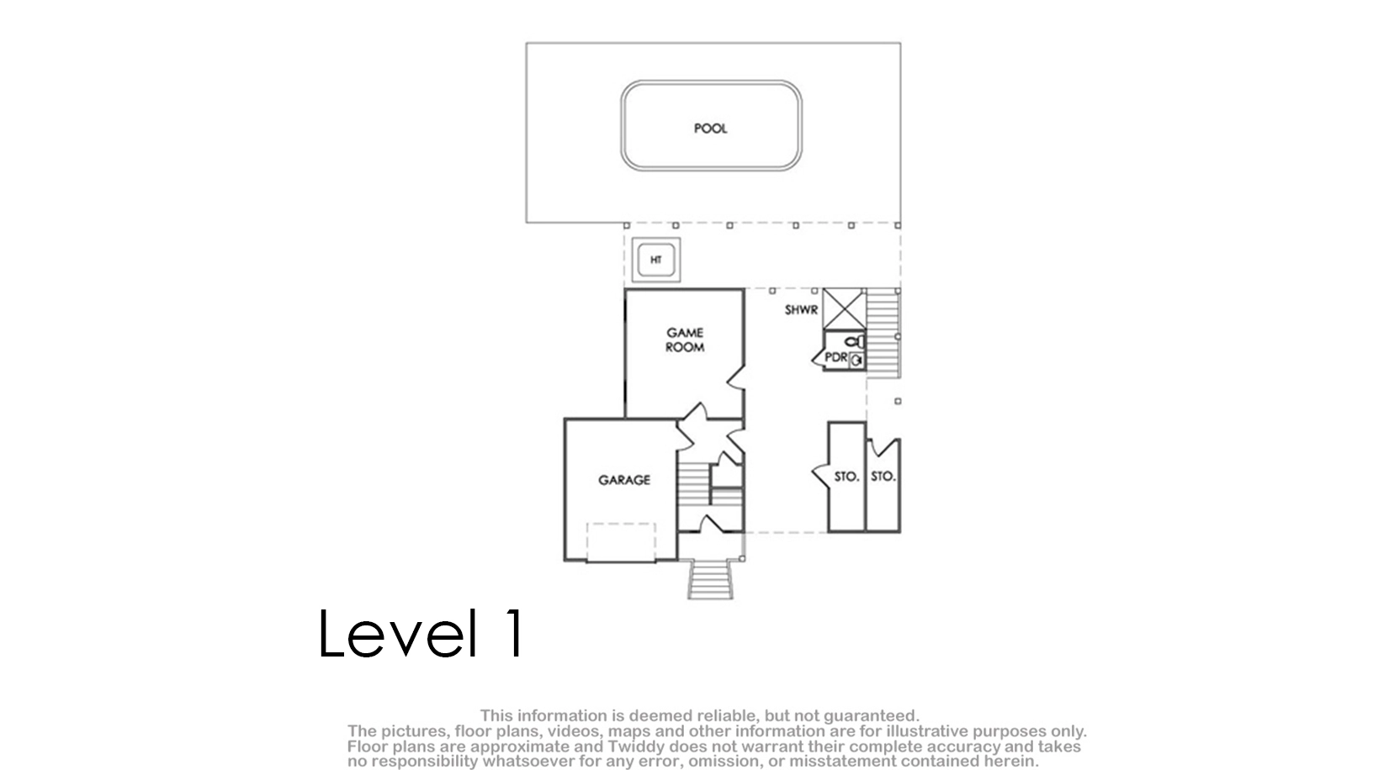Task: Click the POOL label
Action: (x=710, y=129)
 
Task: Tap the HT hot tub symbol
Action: (x=656, y=260)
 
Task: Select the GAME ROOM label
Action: (x=685, y=340)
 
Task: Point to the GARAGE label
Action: (x=624, y=480)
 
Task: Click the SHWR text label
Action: (x=801, y=310)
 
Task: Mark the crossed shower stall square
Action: (x=844, y=309)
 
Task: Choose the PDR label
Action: (x=836, y=357)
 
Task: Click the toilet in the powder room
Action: (x=855, y=342)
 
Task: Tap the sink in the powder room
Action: (x=857, y=361)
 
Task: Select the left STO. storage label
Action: (x=846, y=477)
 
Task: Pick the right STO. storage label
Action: (x=883, y=476)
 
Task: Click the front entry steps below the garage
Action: (x=710, y=579)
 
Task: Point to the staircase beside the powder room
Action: (x=883, y=334)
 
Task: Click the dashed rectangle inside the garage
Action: (x=621, y=542)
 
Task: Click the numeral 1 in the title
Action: (x=514, y=633)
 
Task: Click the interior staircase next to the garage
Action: (x=694, y=484)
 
